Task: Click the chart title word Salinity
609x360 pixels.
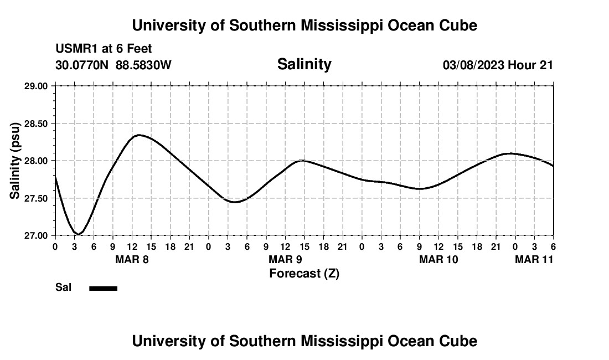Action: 304,64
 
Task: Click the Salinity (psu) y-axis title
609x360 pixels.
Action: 16,161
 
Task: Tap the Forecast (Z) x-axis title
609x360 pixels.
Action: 304,273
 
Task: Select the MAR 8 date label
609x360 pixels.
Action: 132,259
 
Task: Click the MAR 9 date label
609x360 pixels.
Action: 285,259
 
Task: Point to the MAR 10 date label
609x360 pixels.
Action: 438,259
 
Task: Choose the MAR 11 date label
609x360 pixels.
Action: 534,259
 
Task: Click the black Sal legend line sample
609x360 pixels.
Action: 104,288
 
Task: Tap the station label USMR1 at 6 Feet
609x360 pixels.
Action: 104,49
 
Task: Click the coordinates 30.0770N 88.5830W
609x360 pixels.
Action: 113,65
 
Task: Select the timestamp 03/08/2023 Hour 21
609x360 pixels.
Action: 498,65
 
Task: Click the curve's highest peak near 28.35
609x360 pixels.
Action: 138,135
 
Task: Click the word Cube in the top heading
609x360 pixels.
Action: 457,25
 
